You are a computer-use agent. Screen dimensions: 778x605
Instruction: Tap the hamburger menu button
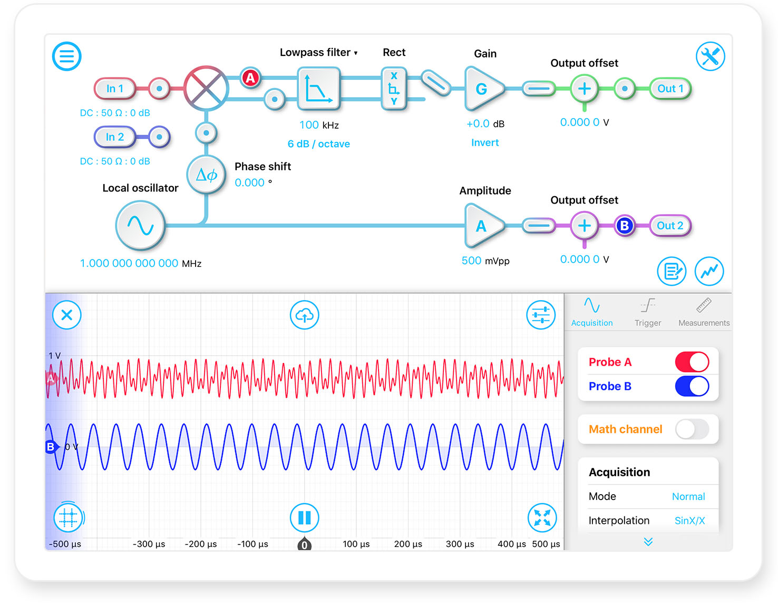pos(66,56)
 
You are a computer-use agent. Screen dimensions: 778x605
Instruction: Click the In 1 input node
pos(114,88)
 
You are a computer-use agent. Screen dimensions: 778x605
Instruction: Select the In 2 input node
pos(114,137)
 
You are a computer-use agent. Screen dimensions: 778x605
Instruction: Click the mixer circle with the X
pos(206,88)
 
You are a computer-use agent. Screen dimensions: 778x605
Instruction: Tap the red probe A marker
pos(250,78)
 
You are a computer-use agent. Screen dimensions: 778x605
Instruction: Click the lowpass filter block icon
pos(319,88)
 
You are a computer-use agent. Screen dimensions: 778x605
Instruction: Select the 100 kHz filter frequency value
pos(319,125)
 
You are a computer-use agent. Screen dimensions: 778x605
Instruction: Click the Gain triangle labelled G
pos(483,89)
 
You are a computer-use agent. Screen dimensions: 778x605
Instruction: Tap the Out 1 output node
pos(670,88)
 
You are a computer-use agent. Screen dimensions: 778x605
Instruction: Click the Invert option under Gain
pos(485,142)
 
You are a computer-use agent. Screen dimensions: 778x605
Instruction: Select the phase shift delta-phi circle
pos(206,175)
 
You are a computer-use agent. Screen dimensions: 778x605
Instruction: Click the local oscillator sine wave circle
pos(140,226)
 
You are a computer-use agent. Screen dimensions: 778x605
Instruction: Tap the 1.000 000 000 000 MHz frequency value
pos(140,263)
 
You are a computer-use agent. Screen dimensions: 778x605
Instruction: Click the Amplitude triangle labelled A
pos(483,226)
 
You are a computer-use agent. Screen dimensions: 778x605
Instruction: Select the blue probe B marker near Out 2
pos(625,226)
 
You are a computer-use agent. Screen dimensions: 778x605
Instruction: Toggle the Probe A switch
pos(692,362)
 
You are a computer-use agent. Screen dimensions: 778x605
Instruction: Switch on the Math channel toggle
pos(692,429)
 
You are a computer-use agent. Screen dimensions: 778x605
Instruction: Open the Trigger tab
pos(648,312)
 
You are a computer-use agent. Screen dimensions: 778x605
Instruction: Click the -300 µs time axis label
pos(149,544)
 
